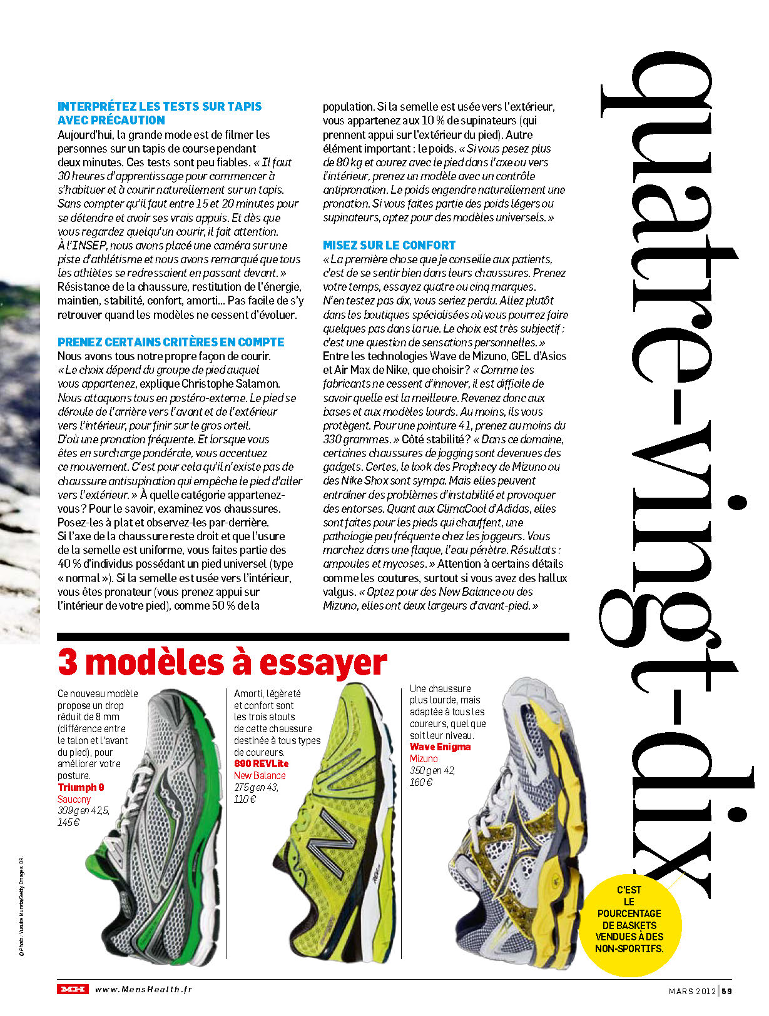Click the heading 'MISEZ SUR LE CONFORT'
pyautogui.click(x=389, y=245)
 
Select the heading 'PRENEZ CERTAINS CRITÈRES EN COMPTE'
pyautogui.click(x=171, y=342)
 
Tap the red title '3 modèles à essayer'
pyautogui.click(x=222, y=663)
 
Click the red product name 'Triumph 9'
pyautogui.click(x=81, y=787)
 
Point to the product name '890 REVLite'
pyautogui.click(x=261, y=763)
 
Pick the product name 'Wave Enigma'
pyautogui.click(x=440, y=747)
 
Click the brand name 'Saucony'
pyautogui.click(x=74, y=799)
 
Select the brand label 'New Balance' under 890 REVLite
pyautogui.click(x=260, y=775)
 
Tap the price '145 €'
pyautogui.click(x=69, y=822)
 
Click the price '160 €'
pyautogui.click(x=421, y=782)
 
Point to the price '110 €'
pyautogui.click(x=245, y=799)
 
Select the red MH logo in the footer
pyautogui.click(x=73, y=989)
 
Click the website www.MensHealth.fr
pyautogui.click(x=143, y=989)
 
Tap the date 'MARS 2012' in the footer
pyautogui.click(x=691, y=990)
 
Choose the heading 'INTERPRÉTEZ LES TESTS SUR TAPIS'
pyautogui.click(x=160, y=106)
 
